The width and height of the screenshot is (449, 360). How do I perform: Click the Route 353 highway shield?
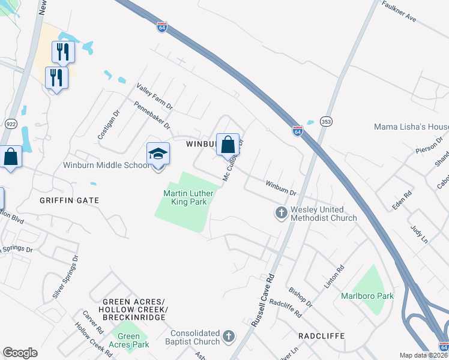tap(325, 120)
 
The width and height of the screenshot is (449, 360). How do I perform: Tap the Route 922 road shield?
tap(11, 124)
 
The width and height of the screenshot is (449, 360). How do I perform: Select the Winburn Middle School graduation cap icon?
tap(158, 154)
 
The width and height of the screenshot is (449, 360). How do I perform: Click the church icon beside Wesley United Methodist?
tap(280, 212)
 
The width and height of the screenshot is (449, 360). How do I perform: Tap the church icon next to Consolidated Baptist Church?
tap(229, 337)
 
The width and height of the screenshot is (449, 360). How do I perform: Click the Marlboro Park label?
tap(367, 296)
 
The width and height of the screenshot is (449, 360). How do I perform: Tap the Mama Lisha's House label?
tap(411, 127)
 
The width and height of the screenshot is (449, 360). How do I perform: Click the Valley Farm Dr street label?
tap(154, 97)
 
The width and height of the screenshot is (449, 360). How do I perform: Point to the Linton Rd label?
tap(334, 277)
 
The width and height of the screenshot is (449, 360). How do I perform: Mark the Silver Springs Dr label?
tap(65, 277)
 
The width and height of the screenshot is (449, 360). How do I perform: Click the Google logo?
tap(20, 353)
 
